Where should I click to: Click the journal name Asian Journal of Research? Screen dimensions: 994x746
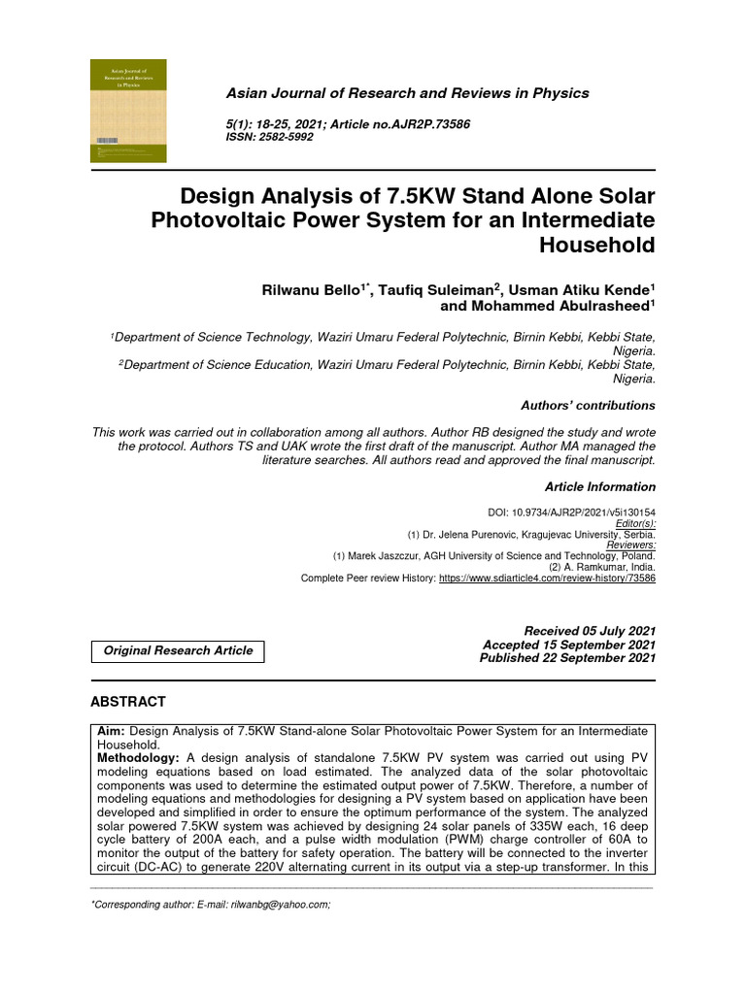(x=407, y=93)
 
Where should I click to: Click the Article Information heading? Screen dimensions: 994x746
(x=599, y=486)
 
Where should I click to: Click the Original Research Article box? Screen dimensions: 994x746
(x=178, y=650)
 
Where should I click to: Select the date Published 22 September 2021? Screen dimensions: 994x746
(x=567, y=658)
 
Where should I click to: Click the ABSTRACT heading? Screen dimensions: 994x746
(x=128, y=702)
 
